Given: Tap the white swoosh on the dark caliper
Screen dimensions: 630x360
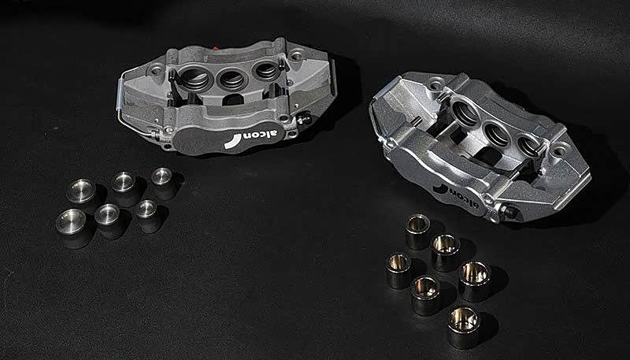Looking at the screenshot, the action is click(233, 142).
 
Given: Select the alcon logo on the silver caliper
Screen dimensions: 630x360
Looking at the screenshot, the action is click(456, 195).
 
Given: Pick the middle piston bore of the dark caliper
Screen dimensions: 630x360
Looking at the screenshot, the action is click(232, 78).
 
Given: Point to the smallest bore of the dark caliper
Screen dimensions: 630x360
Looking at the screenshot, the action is click(265, 71).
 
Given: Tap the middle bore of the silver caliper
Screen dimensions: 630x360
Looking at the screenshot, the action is click(498, 135).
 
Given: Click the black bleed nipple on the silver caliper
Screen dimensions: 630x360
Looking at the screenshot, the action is click(509, 211).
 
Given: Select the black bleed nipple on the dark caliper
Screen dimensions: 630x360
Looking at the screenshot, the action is click(304, 117).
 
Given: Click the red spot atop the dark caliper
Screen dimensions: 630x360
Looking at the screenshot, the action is click(215, 48).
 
